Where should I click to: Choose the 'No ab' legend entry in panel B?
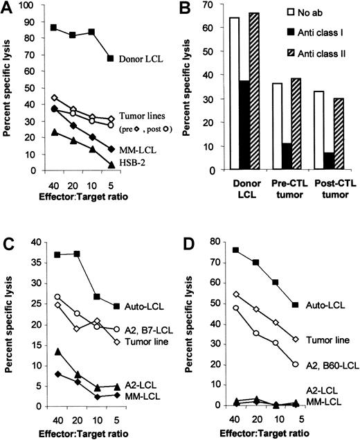click(x=320, y=13)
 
